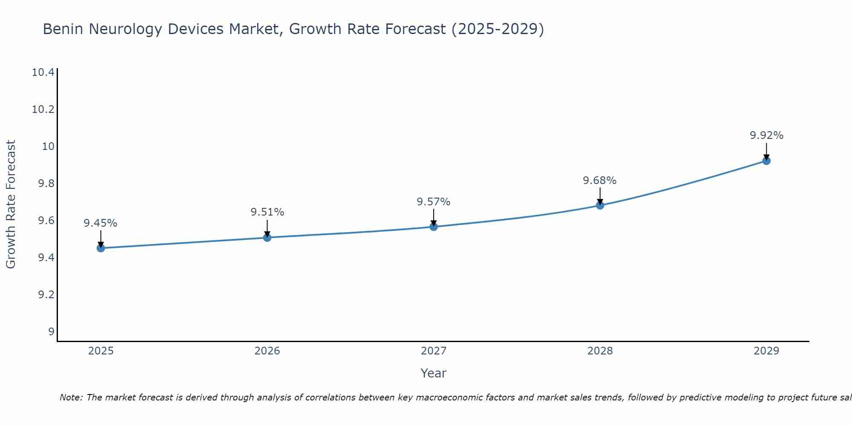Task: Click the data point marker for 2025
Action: [101, 248]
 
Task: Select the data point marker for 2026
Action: [267, 237]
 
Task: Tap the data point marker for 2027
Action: [434, 227]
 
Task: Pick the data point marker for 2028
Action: [600, 205]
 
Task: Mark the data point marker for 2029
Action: [766, 161]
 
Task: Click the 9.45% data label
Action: [101, 223]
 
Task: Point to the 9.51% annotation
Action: [267, 212]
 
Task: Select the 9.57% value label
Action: [434, 202]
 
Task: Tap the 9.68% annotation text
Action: [600, 181]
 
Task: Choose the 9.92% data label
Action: [766, 135]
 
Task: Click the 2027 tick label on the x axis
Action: [434, 351]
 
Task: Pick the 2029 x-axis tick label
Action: [766, 351]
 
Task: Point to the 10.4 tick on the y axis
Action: [43, 72]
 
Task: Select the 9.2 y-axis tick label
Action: [46, 295]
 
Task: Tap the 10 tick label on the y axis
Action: [49, 147]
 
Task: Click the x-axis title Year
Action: [434, 373]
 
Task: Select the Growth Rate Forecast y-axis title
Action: [11, 204]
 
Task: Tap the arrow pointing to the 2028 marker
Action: [600, 196]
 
